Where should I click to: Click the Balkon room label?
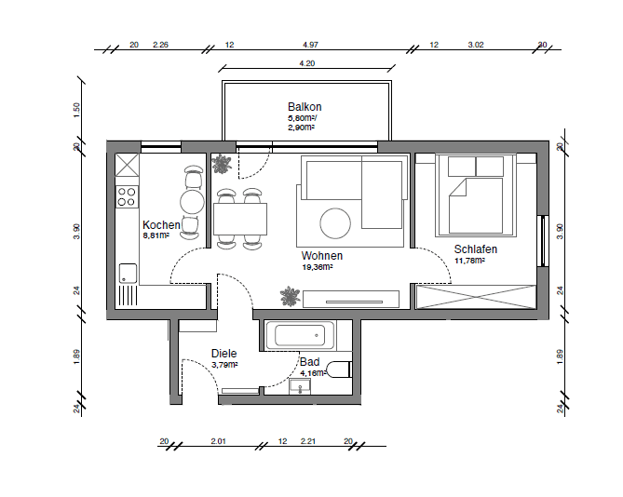tap(304, 107)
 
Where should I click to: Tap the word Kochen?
tap(161, 225)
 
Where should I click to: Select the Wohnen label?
tap(321, 255)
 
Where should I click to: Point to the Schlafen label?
tap(475, 249)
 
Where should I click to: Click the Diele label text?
tap(223, 354)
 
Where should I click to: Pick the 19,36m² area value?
tap(317, 266)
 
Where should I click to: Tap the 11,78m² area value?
tap(470, 261)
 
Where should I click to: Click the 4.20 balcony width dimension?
tap(306, 63)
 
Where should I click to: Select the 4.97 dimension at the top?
tap(310, 45)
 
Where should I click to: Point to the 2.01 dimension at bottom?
tap(219, 440)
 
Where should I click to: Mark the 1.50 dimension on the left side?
tap(76, 110)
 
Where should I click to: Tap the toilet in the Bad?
tap(339, 369)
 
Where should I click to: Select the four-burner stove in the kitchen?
tap(127, 196)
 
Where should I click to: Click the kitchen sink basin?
tap(127, 273)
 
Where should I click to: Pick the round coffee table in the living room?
tap(335, 222)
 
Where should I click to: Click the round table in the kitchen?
tap(192, 201)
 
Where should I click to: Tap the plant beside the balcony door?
tap(223, 166)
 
